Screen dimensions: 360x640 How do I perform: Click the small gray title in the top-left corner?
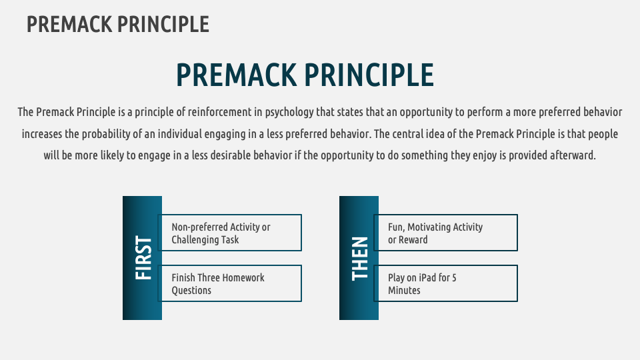pos(118,24)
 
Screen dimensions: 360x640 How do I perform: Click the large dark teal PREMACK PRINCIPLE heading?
pos(305,75)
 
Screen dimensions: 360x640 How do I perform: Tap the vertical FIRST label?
pos(143,258)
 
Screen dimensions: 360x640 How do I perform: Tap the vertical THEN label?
pos(359,258)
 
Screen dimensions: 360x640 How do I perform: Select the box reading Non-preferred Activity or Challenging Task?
pos(230,233)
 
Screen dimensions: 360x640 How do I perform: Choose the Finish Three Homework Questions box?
pos(230,283)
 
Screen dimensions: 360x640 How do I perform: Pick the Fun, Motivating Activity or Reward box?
pos(446,233)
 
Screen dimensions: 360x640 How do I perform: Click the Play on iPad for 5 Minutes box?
pos(446,283)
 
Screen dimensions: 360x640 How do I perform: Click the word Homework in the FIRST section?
pos(242,277)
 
